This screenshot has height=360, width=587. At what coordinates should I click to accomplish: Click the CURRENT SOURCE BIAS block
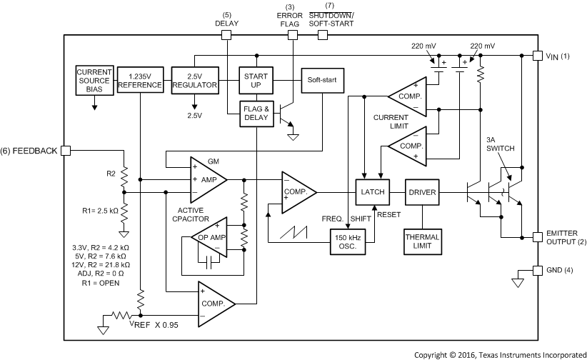click(x=94, y=80)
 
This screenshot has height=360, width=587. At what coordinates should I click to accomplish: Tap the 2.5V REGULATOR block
click(x=194, y=80)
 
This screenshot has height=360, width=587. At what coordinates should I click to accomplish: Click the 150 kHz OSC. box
click(x=350, y=241)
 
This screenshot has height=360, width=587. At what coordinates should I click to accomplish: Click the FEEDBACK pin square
click(x=65, y=151)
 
